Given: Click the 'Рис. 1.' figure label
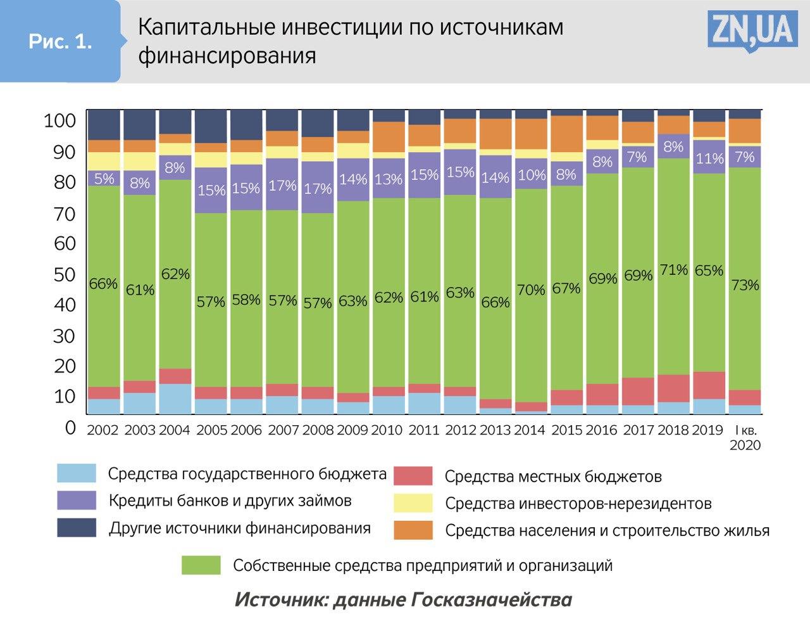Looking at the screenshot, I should [60, 42].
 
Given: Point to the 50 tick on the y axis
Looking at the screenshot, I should [65, 274].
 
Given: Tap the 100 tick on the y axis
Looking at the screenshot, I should [60, 120].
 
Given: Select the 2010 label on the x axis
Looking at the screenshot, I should [387, 430].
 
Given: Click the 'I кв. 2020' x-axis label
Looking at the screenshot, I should [745, 437].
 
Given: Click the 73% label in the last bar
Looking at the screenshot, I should [745, 285].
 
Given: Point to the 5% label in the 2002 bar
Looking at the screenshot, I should [104, 179].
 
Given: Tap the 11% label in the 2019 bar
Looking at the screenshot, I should [709, 158].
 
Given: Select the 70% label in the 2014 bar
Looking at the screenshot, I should [531, 290].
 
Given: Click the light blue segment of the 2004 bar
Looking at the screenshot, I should [175, 399].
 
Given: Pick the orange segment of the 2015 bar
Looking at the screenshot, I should [566, 133].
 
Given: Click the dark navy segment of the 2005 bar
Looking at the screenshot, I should [211, 125].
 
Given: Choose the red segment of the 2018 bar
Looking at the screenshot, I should [673, 388].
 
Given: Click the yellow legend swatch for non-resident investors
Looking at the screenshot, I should [413, 503].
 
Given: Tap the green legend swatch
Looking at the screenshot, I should [201, 565].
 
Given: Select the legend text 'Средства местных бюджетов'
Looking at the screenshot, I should [553, 476].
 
